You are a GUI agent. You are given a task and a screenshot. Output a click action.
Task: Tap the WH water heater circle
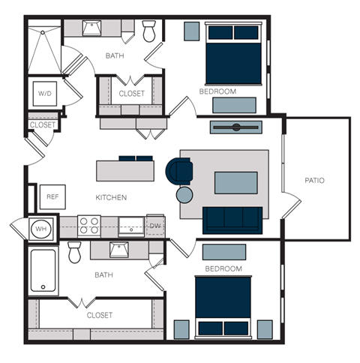coord(40,228)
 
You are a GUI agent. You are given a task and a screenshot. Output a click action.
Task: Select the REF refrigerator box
coord(52,196)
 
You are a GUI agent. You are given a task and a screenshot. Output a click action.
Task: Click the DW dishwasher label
coord(155,225)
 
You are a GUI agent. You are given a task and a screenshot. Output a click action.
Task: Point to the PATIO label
coord(315,181)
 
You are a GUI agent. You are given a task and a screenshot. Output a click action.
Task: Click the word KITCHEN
coord(110,197)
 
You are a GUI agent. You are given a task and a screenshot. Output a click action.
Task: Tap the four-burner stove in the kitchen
coord(90,226)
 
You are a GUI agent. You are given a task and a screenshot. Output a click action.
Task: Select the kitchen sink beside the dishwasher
coord(130,226)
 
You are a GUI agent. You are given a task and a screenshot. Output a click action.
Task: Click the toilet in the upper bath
coord(149,31)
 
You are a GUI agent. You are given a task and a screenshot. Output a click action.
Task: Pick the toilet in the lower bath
coord(75,253)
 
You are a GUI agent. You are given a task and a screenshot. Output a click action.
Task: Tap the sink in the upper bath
coord(92,28)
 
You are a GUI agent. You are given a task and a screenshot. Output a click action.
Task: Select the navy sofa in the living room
coord(233,219)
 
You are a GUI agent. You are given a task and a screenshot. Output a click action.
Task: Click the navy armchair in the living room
coord(179,169)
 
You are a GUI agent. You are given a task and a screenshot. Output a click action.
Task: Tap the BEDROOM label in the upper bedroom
coord(217,91)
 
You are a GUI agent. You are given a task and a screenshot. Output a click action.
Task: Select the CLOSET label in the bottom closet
coord(100,315)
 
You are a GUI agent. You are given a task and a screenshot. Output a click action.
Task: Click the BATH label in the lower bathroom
coord(103,275)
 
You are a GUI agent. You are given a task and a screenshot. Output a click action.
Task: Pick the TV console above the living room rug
coord(236,127)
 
